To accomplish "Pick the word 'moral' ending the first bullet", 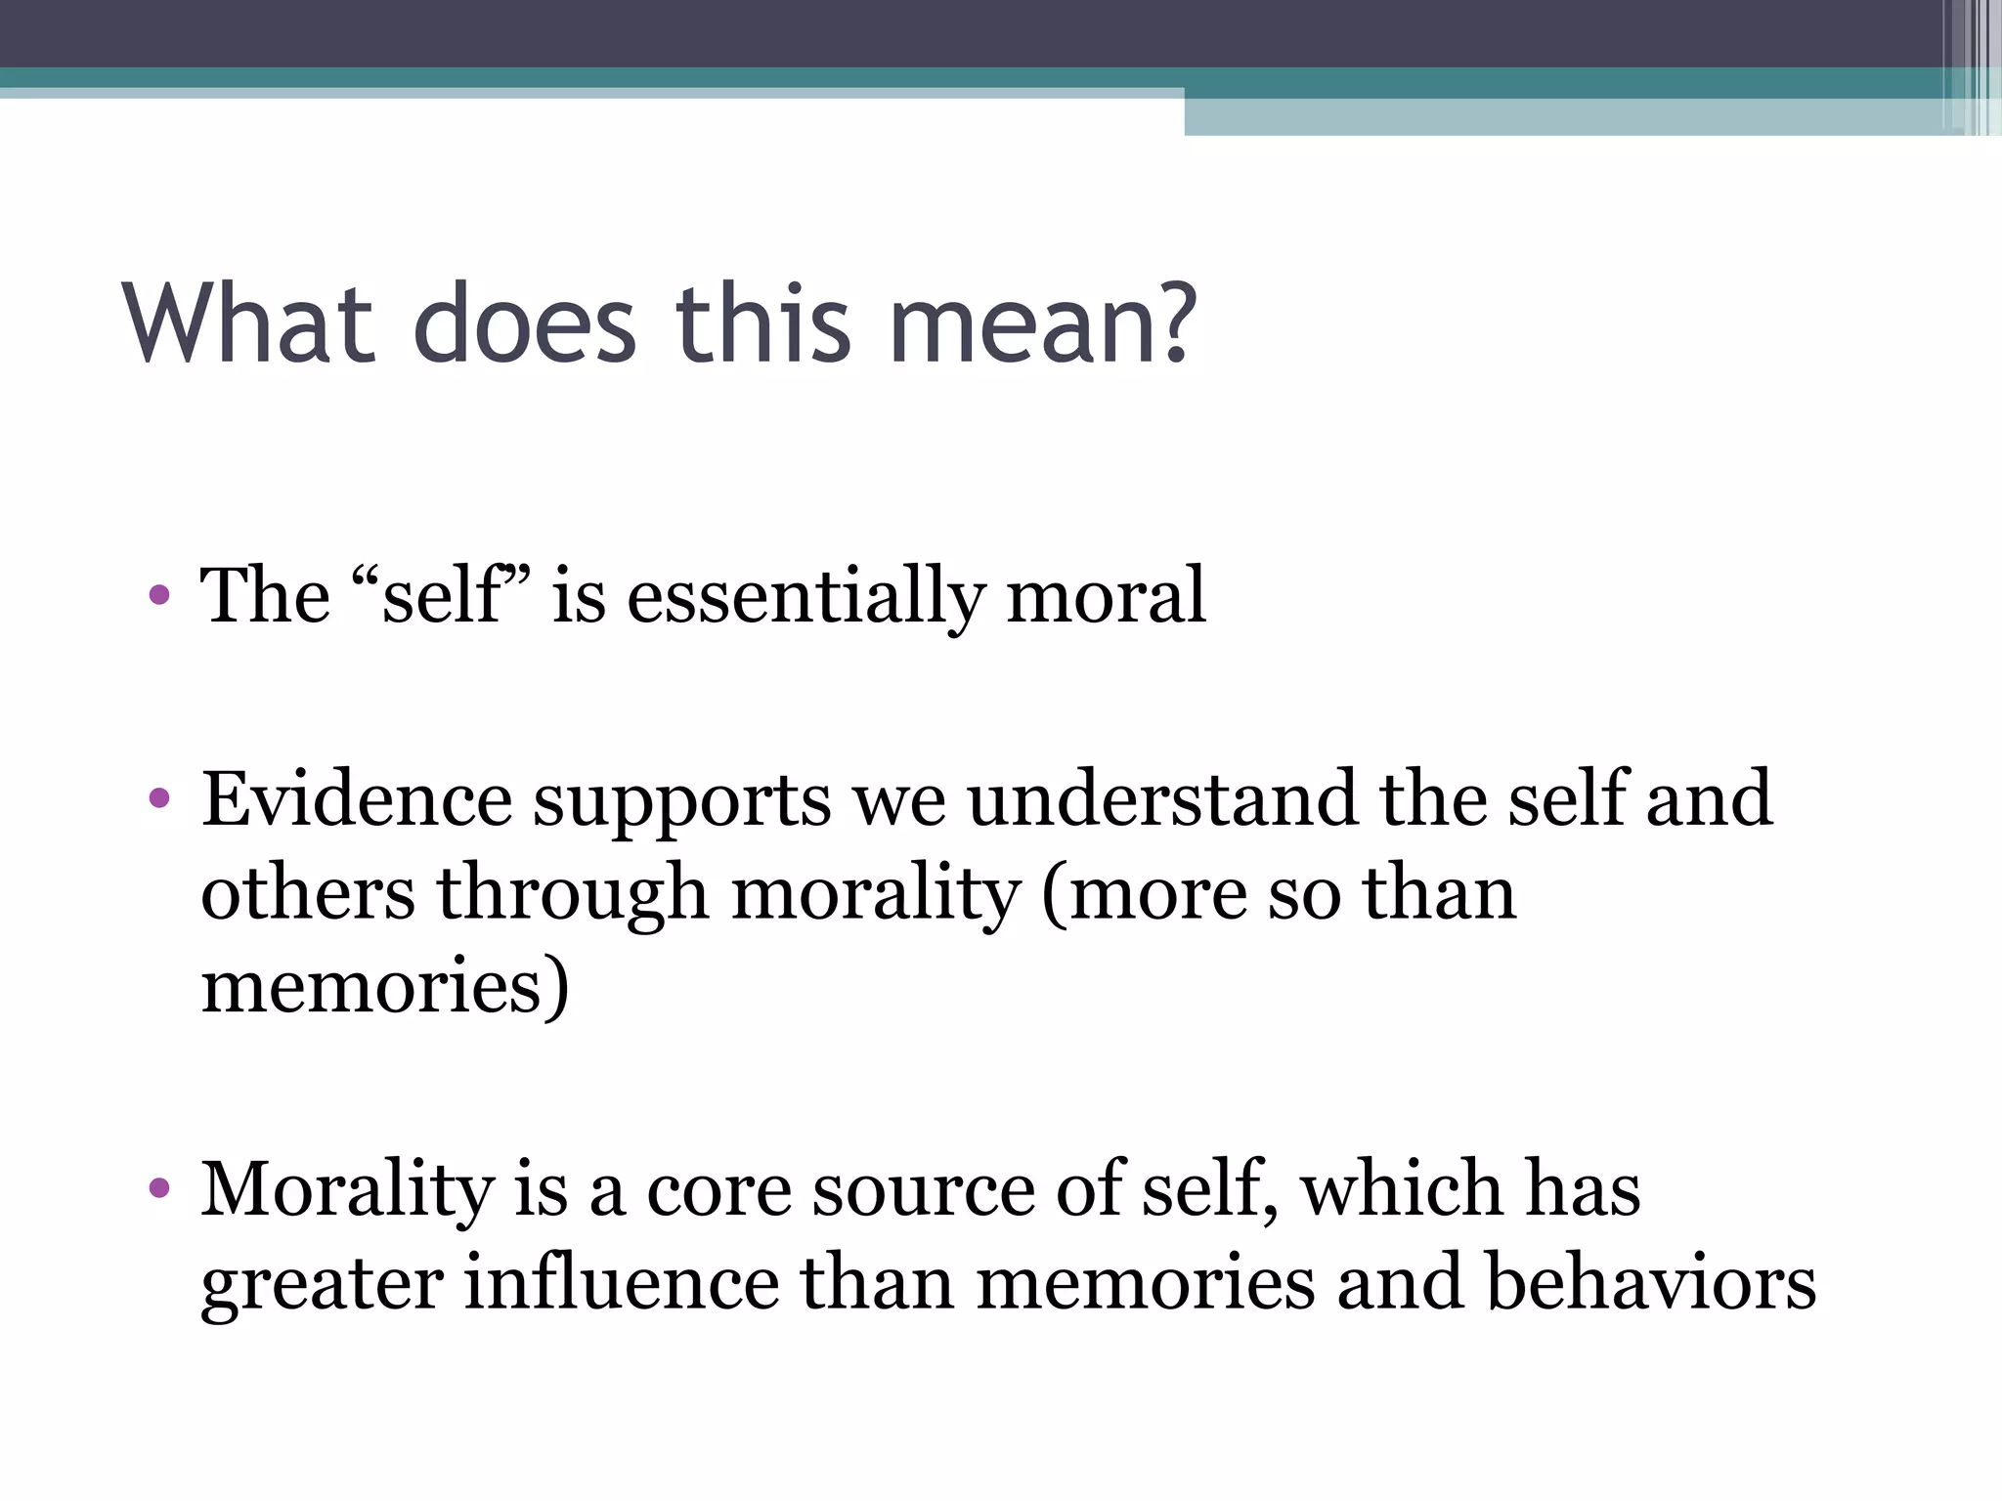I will click(x=1106, y=595).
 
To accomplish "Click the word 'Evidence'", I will click(x=357, y=799).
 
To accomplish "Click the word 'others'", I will click(x=308, y=893).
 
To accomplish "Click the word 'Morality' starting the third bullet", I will click(x=347, y=1190).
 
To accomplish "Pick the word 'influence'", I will click(x=621, y=1282).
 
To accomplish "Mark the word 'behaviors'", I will click(x=1651, y=1282).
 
